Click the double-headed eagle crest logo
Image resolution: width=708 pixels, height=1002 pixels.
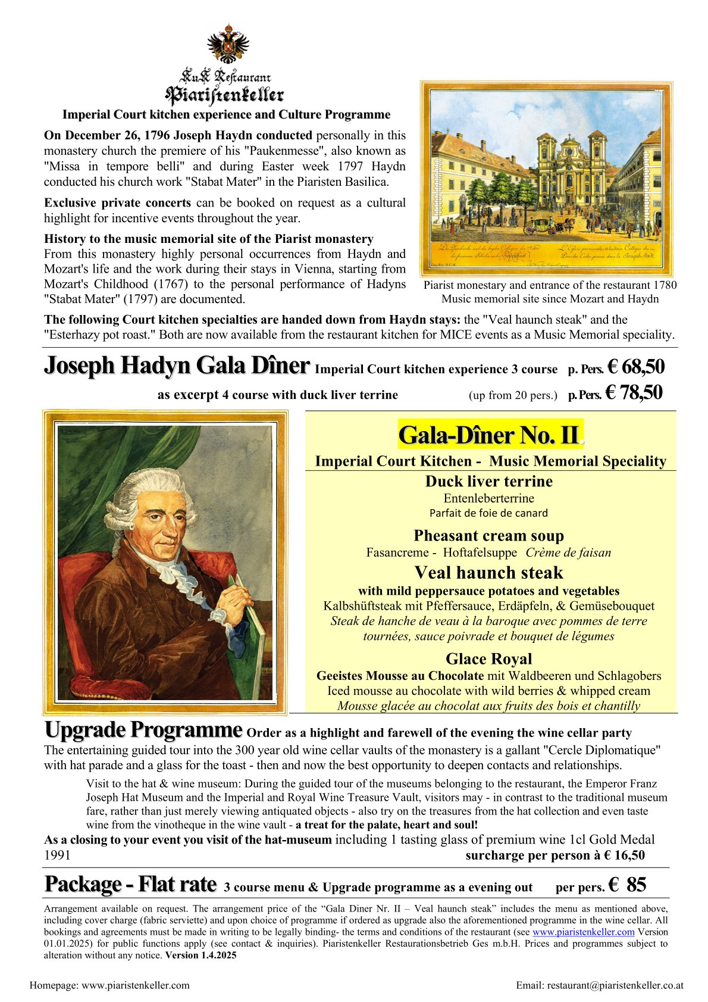(x=227, y=43)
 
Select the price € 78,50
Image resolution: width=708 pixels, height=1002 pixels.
(x=634, y=392)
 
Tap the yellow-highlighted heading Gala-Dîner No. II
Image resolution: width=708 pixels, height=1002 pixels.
(x=488, y=435)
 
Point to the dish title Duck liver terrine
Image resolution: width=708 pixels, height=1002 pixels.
(x=488, y=481)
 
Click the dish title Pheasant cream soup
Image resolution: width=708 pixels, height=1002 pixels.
(x=488, y=536)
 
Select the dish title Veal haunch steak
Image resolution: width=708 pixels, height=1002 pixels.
(x=488, y=573)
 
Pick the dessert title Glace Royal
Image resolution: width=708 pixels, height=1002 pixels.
(x=488, y=659)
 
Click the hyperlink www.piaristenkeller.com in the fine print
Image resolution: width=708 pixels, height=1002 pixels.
(x=583, y=932)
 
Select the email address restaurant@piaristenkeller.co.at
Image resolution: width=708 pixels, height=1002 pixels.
(x=600, y=985)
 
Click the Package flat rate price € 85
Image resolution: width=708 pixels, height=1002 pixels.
(x=627, y=885)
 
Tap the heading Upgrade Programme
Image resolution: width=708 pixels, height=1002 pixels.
(x=143, y=730)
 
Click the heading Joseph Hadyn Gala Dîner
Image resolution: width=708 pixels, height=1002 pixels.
(x=177, y=366)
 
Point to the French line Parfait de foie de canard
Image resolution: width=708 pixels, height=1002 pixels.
(x=488, y=513)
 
